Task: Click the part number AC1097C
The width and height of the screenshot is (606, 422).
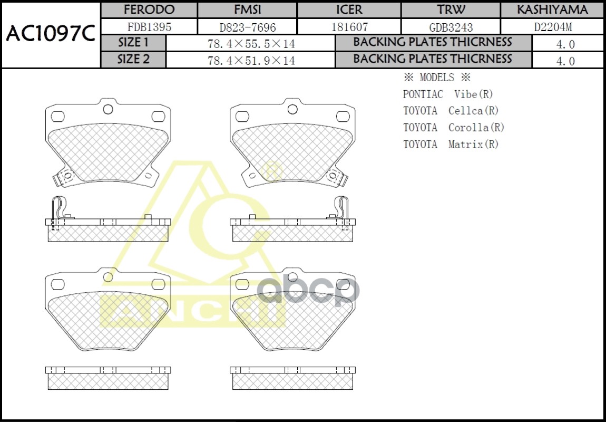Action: [51, 34]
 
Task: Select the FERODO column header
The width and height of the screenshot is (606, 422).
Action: [149, 10]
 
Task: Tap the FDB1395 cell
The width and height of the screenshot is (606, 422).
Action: [149, 27]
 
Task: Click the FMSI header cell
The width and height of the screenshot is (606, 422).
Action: [247, 10]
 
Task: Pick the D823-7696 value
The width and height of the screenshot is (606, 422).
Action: [247, 27]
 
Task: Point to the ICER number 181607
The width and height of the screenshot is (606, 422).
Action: [349, 27]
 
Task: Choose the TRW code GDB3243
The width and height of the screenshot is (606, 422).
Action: [451, 27]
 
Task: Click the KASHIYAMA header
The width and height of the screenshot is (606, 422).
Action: [552, 10]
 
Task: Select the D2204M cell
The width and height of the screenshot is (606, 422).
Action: [552, 27]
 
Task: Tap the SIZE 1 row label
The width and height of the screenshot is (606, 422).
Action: [133, 43]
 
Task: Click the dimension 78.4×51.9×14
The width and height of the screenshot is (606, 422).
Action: [251, 61]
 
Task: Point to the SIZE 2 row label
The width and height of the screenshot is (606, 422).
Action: [133, 60]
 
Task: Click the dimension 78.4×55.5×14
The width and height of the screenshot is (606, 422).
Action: [251, 44]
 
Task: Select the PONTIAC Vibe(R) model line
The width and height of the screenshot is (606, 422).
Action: [448, 94]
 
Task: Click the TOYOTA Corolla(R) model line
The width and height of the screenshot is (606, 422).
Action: [454, 128]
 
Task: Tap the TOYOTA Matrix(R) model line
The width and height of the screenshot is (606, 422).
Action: [451, 144]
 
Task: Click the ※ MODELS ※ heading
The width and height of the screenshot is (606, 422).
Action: [436, 78]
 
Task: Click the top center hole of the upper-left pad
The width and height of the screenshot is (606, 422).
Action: [108, 109]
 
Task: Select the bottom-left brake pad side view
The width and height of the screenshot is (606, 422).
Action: [108, 378]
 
